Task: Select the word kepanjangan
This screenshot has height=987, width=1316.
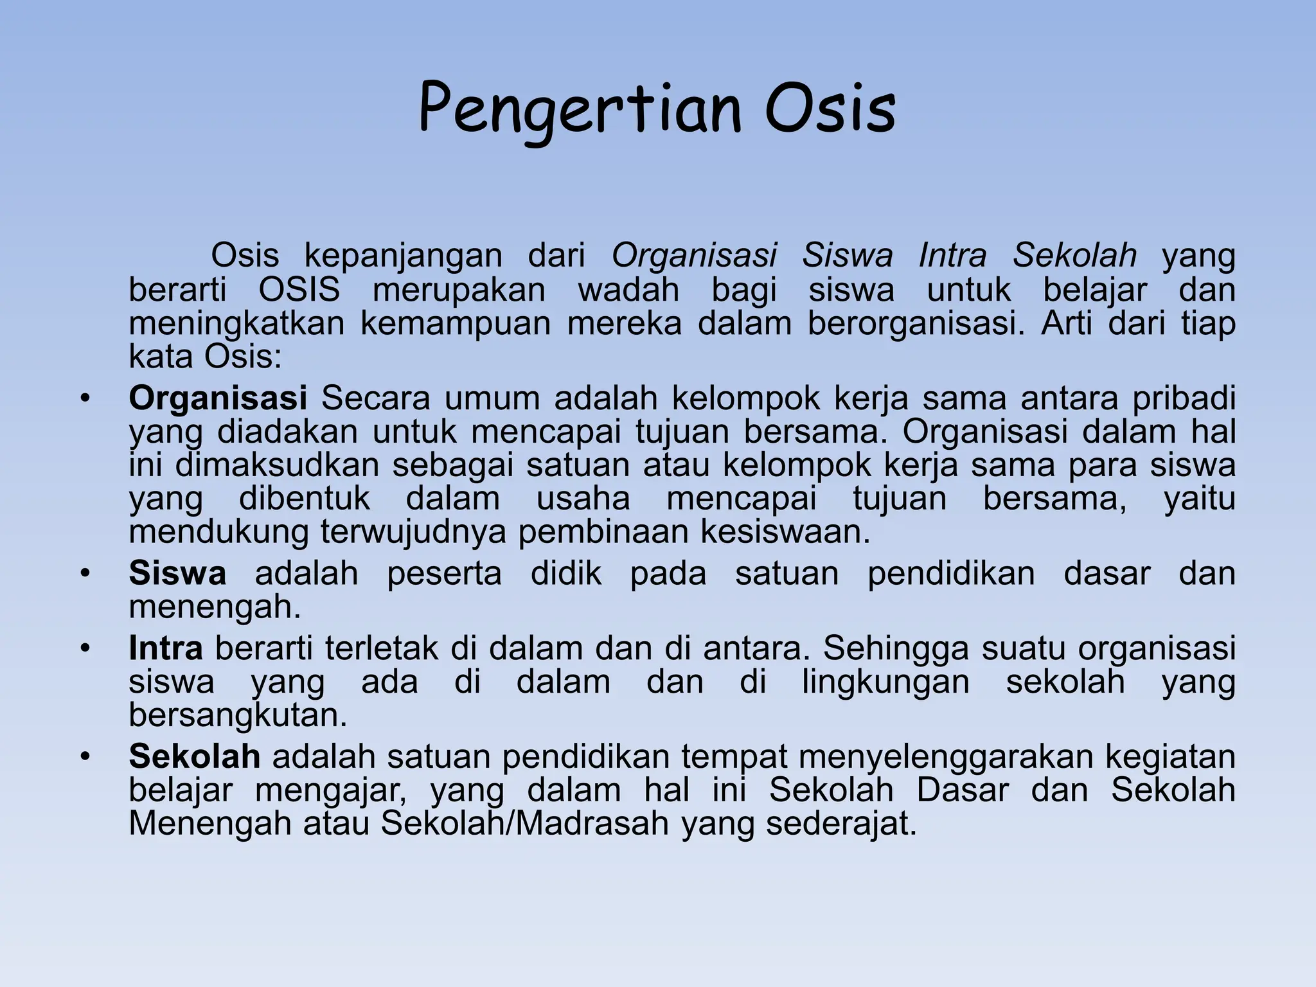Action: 403,256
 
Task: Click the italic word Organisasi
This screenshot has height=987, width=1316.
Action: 694,256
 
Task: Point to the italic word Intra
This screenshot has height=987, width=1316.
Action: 952,256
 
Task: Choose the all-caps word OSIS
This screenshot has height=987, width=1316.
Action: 299,290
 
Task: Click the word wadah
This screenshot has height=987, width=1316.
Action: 628,290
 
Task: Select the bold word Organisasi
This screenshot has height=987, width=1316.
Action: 218,398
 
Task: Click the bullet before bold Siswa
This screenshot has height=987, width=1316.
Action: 84,573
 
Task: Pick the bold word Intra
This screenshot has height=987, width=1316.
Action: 166,648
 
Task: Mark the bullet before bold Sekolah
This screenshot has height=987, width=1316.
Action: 84,756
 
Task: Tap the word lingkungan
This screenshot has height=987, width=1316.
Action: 885,682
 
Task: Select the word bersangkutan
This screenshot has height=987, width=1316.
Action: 238,716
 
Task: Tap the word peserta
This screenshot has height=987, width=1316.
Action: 444,573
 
